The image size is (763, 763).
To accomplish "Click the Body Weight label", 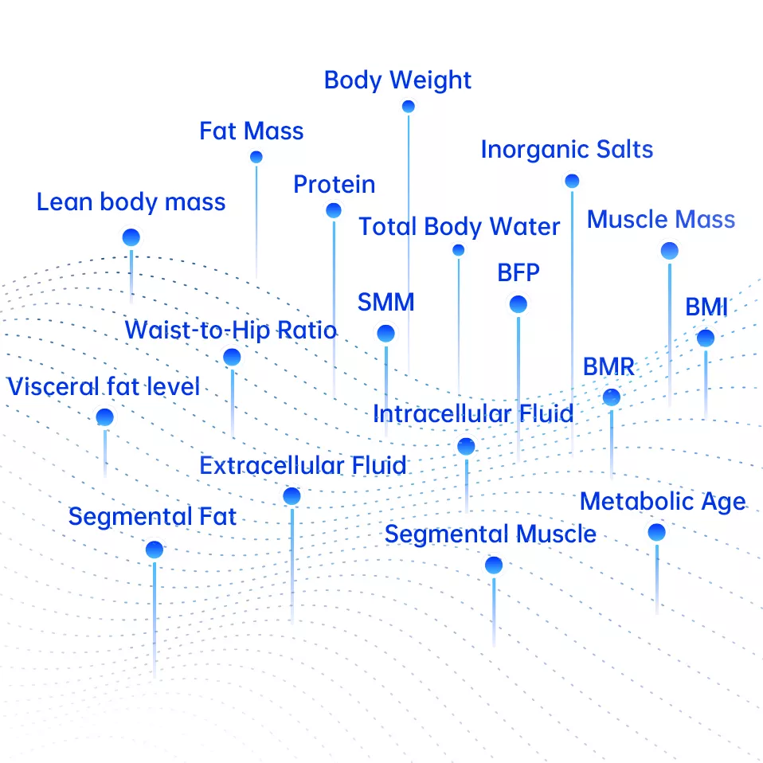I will [397, 80].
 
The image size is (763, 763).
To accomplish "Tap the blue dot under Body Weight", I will [409, 107].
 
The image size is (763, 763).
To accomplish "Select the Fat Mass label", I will [252, 131].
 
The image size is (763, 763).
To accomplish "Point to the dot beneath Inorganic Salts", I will [572, 182].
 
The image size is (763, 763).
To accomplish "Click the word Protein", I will [334, 185].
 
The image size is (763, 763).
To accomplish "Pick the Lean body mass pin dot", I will [131, 237].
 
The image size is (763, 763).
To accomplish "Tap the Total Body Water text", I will [459, 227].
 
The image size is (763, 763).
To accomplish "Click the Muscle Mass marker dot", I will [670, 252].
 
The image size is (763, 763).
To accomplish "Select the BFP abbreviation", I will [518, 273].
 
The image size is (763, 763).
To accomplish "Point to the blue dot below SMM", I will [386, 334].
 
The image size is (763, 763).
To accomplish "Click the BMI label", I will [706, 308].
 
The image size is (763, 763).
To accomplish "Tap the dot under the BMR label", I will [611, 397].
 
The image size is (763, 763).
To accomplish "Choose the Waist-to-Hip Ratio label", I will [231, 330].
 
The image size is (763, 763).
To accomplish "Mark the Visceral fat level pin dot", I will [104, 417].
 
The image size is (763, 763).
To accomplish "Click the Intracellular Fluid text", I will [473, 414].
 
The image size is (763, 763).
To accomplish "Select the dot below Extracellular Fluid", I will [292, 497].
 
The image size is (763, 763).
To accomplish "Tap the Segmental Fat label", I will [152, 517].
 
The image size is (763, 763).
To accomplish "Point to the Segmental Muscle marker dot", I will [494, 565].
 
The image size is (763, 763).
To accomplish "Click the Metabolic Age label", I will [663, 503].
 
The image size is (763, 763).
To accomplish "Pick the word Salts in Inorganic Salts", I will [624, 150].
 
